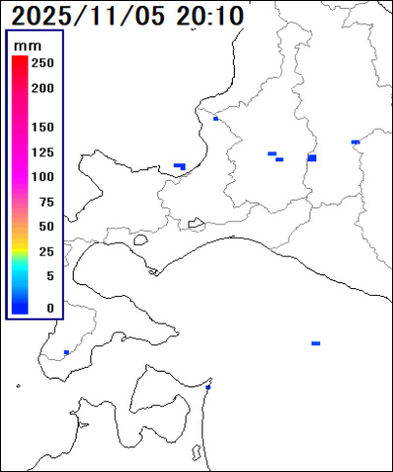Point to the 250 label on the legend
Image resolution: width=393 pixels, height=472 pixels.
(x=41, y=63)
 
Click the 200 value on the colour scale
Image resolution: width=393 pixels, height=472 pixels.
(x=41, y=88)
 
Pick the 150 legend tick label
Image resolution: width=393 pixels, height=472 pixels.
(x=41, y=128)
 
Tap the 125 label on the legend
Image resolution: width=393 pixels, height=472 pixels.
(x=41, y=152)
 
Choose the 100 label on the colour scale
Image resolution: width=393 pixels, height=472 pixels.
(x=41, y=177)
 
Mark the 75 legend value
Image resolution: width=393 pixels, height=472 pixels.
(x=45, y=202)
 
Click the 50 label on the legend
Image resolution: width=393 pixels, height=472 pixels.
(x=45, y=226)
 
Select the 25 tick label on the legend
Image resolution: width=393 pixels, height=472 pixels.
(x=45, y=252)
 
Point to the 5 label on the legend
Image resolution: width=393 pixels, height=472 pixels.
(x=49, y=276)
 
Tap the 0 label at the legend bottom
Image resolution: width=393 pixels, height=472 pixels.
(x=49, y=308)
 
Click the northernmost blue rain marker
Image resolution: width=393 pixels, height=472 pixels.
(x=215, y=118)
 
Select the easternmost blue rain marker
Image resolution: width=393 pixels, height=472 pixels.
(x=355, y=143)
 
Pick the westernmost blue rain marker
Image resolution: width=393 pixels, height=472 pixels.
(x=66, y=352)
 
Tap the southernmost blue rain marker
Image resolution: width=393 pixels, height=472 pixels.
(x=207, y=387)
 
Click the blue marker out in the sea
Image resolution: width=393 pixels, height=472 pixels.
(x=315, y=343)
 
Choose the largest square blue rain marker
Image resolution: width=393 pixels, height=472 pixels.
(x=311, y=157)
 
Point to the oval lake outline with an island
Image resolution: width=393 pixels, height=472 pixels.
(x=196, y=223)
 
